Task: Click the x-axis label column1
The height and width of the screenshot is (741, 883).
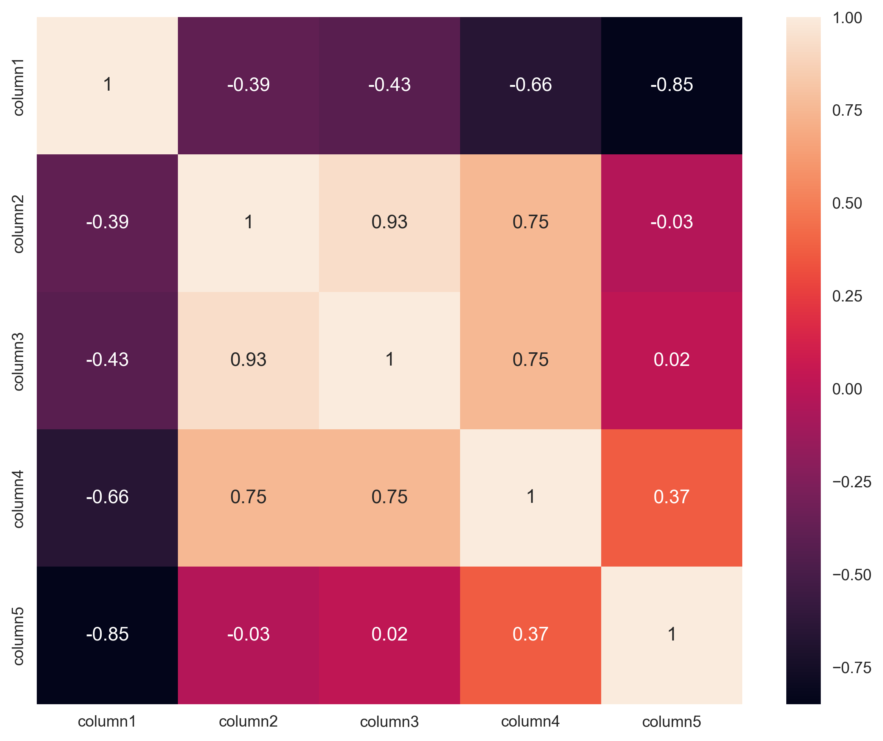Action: [x=107, y=722]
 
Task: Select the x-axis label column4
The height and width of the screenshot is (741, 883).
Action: [x=530, y=722]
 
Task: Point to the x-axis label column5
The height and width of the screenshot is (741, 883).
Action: [x=671, y=722]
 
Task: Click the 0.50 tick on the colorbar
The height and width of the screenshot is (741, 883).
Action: [x=847, y=203]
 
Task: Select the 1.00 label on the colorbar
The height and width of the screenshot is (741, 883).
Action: [x=847, y=18]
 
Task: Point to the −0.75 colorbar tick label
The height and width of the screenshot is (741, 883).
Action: [x=852, y=667]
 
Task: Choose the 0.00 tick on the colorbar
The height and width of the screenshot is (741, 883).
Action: [x=847, y=389]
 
